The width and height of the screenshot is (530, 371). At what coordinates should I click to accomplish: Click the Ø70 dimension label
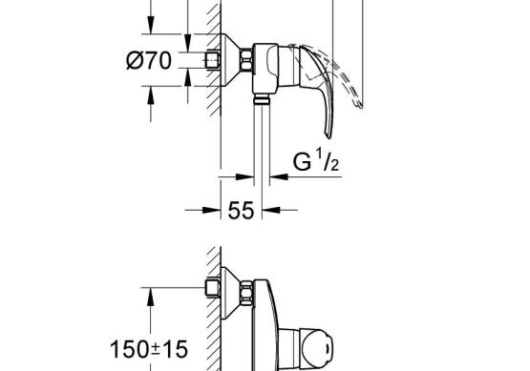[149, 60]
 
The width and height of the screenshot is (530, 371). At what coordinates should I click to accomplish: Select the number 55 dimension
[241, 211]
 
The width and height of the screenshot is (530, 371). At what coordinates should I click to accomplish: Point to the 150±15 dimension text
[149, 349]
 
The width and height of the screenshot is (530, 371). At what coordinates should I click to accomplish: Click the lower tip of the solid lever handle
[329, 137]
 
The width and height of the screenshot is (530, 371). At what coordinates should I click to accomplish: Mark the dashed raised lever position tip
[360, 106]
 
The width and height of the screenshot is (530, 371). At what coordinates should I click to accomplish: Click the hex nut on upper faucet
[246, 60]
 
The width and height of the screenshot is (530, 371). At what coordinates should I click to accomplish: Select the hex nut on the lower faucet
[246, 293]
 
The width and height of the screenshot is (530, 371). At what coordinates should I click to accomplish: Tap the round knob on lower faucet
[318, 349]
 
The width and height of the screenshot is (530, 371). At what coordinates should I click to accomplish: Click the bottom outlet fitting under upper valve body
[262, 99]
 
